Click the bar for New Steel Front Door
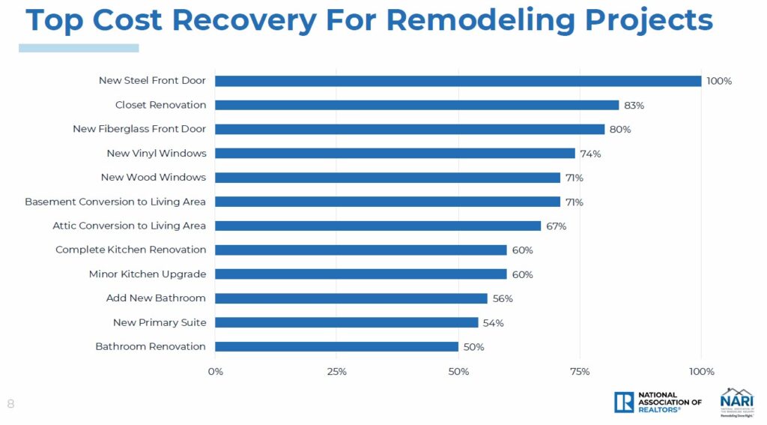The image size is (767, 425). coord(458,81)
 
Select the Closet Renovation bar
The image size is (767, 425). coord(417,105)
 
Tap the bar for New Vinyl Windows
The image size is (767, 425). coord(395,153)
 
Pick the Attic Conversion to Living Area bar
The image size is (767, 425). coord(378,226)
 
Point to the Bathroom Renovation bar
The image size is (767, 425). coord(337,346)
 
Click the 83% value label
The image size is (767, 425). coord(634,105)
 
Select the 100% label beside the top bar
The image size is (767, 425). coord(719,81)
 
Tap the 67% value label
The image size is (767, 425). coord(556,226)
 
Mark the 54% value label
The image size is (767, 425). coord(493,323)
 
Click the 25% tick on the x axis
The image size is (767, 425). coord(337,372)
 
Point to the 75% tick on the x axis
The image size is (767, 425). coord(580,372)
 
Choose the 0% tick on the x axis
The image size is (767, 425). coord(216,372)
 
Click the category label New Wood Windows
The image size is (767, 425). coord(154,178)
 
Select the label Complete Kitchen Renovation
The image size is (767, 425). coord(130,250)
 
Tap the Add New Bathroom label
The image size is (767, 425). coord(156,298)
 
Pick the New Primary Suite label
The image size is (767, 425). coord(160,322)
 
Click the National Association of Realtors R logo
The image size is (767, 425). coord(623,403)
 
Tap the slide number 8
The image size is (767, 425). coord(10,403)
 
